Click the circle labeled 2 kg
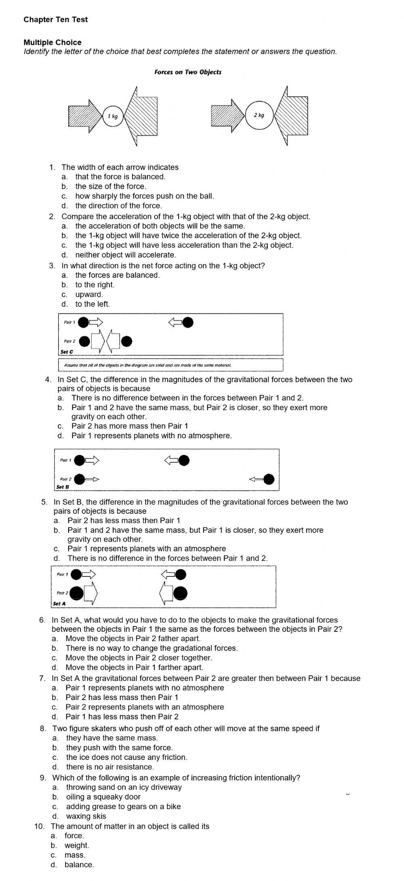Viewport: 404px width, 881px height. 259,116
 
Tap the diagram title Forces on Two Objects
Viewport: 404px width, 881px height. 188,72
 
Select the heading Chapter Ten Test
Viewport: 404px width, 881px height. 55,20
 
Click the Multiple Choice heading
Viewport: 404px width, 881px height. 53,42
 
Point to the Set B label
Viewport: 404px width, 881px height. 63,487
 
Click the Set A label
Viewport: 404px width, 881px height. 59,604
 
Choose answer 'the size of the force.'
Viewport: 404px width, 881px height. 110,186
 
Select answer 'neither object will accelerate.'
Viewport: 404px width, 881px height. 126,255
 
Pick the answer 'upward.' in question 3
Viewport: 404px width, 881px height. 89,294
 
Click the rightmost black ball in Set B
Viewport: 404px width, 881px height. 269,479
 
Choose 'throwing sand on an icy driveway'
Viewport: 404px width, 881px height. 124,787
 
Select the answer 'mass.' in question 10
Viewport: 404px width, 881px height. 75,855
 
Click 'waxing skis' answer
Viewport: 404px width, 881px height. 86,816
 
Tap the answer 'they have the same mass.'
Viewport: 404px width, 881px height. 112,738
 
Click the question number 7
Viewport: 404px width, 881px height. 42,679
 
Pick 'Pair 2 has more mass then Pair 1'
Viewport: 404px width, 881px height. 130,426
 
